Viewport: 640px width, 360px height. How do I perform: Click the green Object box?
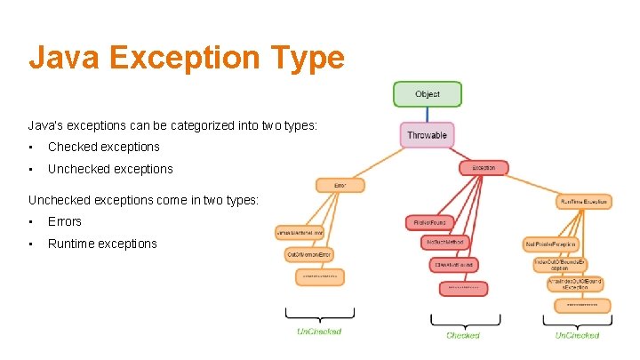(x=427, y=94)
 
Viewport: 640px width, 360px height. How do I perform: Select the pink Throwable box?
(x=427, y=135)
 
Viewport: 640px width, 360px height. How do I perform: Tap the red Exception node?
(x=484, y=167)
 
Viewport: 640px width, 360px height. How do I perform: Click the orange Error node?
(x=340, y=185)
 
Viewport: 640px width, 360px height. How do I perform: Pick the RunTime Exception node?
(x=584, y=202)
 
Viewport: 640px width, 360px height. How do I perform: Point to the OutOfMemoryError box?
(x=309, y=255)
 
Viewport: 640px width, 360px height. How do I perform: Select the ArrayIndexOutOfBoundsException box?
(x=576, y=284)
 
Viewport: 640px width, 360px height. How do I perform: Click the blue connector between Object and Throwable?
(x=427, y=115)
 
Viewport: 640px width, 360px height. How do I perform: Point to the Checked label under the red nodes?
(x=462, y=335)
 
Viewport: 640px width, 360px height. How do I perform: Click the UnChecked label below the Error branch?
(x=318, y=332)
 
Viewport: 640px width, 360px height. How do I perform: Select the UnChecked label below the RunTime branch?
(x=577, y=335)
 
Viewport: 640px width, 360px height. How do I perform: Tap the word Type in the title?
(x=309, y=58)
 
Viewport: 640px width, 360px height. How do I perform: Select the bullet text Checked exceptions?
(x=103, y=147)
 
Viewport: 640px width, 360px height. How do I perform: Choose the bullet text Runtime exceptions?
(x=102, y=244)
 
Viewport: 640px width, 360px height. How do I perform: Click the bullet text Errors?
(x=64, y=221)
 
